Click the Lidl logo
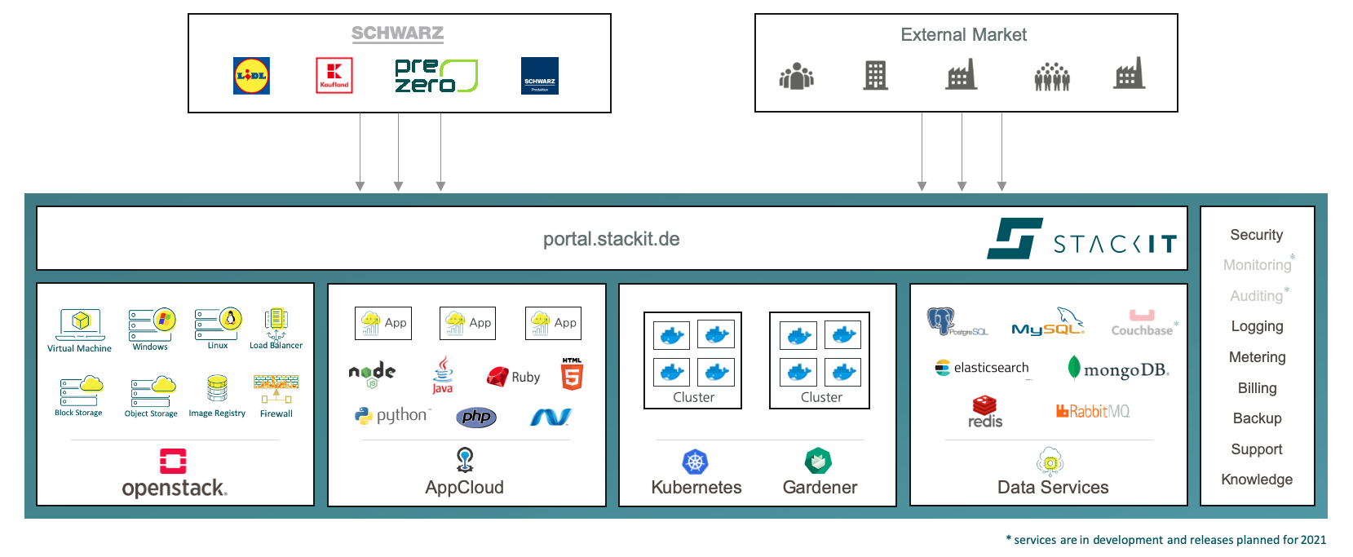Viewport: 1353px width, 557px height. tap(251, 76)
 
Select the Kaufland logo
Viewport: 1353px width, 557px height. tap(334, 75)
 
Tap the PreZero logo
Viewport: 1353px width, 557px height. tap(435, 75)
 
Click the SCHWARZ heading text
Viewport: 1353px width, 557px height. tap(397, 33)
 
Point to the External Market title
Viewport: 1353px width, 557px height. tap(963, 35)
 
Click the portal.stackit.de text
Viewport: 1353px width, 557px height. tap(611, 239)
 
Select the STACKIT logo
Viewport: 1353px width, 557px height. tap(1081, 239)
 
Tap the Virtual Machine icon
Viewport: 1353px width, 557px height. tap(80, 324)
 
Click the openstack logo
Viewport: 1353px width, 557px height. tap(174, 473)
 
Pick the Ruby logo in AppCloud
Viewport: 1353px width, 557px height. tap(513, 377)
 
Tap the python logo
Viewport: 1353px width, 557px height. tap(392, 415)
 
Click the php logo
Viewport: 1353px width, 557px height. tap(476, 417)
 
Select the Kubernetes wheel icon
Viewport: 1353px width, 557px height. tap(695, 462)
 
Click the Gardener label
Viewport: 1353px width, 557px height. tap(820, 488)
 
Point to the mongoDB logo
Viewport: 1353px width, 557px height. tap(1118, 369)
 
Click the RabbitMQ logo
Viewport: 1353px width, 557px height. tap(1093, 411)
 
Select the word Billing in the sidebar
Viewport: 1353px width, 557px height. tap(1257, 388)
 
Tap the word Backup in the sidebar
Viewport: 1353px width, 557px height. tap(1257, 418)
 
